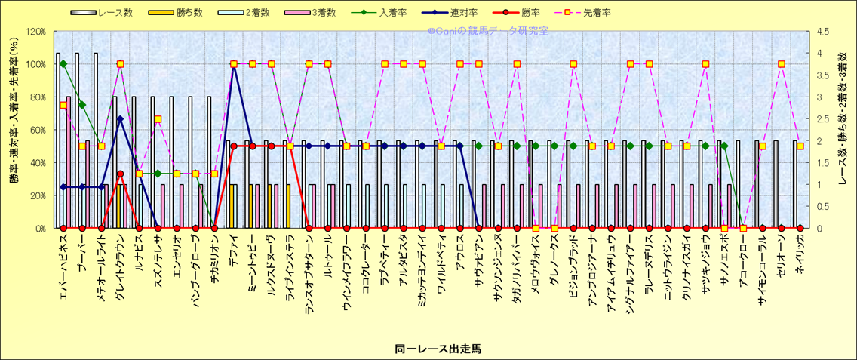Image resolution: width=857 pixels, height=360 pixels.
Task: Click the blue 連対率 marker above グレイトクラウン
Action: pyautogui.click(x=120, y=118)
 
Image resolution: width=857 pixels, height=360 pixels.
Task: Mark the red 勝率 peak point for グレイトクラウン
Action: pyautogui.click(x=120, y=174)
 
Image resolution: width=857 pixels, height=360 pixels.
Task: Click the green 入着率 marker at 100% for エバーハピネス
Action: pyautogui.click(x=63, y=64)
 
